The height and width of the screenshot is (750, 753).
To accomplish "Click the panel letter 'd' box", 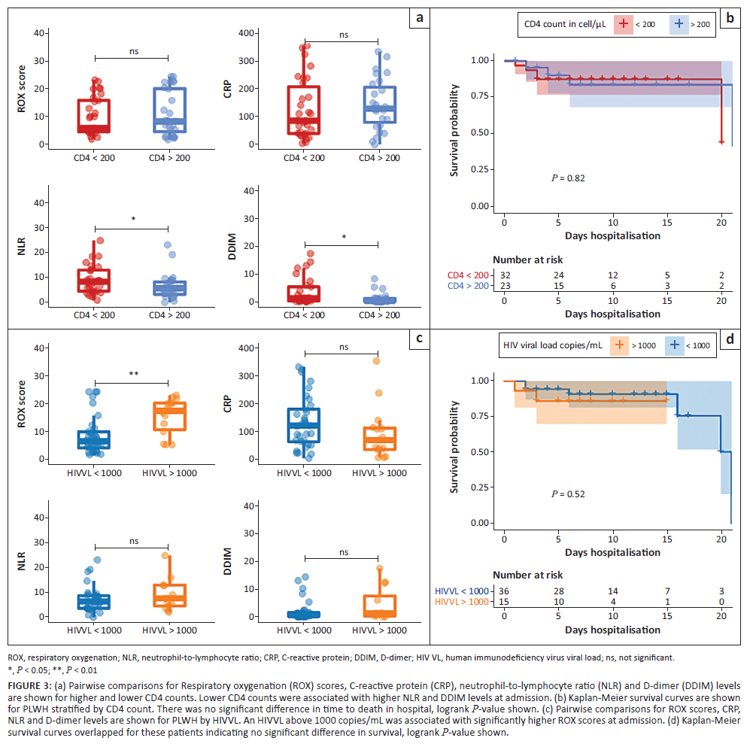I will coord(729,340).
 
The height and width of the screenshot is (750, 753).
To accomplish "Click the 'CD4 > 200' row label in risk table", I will coord(468,286).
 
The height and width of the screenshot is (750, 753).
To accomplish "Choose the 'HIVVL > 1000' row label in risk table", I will coord(463,601).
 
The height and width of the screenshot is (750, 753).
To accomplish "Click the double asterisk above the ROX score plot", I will coord(132,372).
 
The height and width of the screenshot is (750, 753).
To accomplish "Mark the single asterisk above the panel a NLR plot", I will coord(132,220).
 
